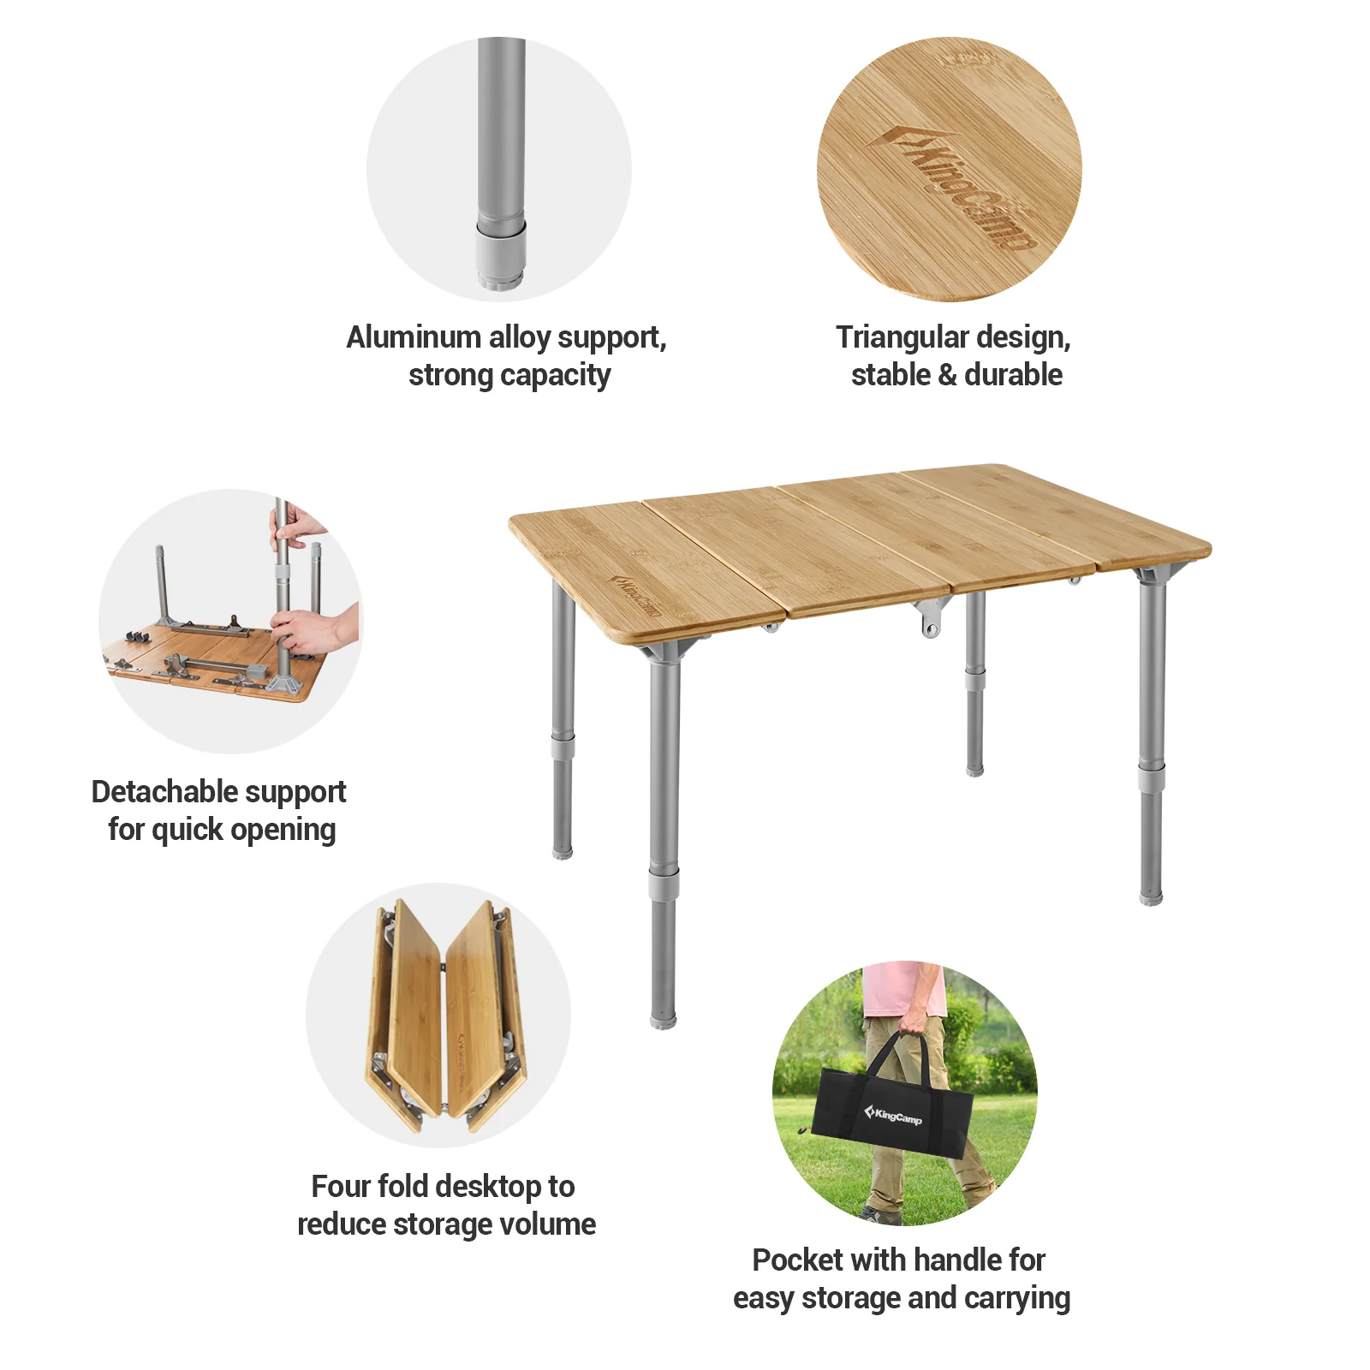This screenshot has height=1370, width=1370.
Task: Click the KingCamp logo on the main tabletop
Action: click(635, 596)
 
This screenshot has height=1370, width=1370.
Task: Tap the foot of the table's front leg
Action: click(663, 1019)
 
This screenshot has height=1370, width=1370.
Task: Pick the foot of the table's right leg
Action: click(1151, 897)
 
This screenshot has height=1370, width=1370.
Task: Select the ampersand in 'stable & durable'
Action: click(947, 375)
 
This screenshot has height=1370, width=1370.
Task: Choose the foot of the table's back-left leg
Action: click(563, 851)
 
